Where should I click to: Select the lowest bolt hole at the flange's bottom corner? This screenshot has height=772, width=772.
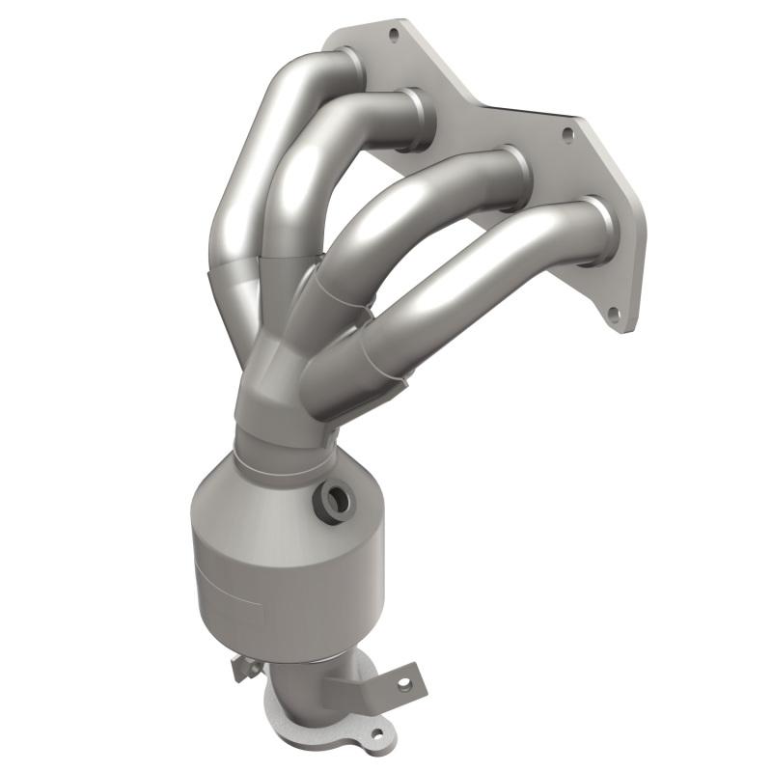pos(612,314)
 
